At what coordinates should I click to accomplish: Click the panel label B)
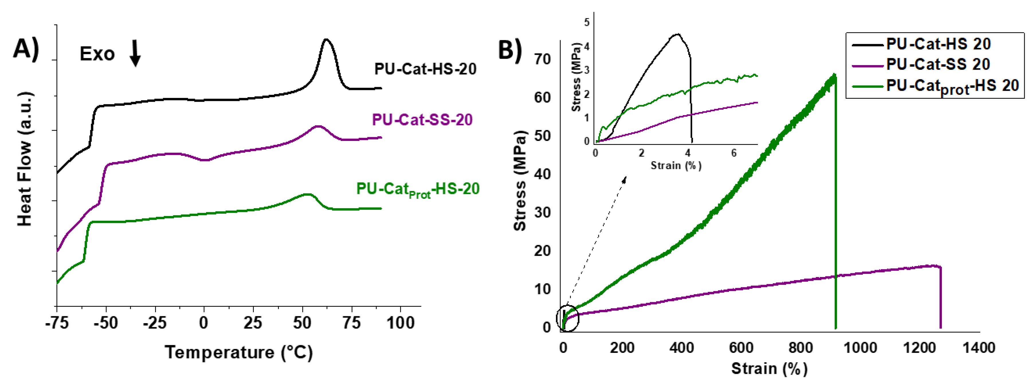click(510, 50)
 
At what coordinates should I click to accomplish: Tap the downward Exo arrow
click(135, 53)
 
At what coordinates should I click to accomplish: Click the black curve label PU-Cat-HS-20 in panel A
click(425, 69)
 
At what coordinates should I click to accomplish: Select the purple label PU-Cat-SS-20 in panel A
click(422, 119)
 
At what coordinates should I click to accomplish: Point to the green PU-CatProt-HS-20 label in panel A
click(417, 189)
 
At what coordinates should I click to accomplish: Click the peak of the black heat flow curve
click(326, 39)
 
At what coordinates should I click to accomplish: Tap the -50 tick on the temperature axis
click(106, 323)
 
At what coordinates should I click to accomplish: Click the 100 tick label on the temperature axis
click(400, 323)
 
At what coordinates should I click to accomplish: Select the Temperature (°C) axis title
click(239, 353)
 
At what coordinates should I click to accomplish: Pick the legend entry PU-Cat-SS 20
click(938, 64)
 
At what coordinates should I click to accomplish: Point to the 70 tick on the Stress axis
click(542, 59)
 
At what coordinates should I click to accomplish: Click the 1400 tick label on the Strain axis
click(979, 347)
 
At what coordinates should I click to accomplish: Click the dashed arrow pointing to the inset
click(597, 241)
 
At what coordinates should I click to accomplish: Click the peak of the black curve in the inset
click(677, 34)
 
